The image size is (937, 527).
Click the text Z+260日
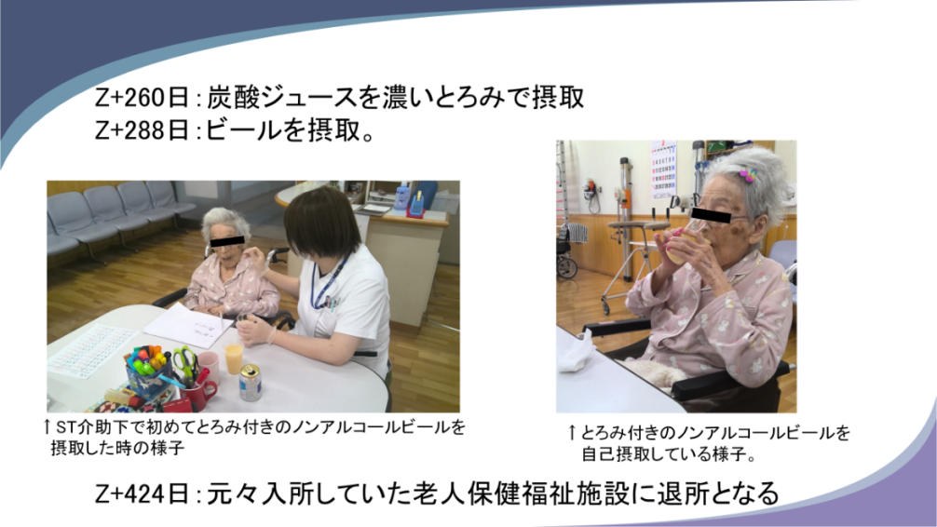(142, 98)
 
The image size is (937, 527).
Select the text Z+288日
(142, 129)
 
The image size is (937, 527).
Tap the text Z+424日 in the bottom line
(142, 493)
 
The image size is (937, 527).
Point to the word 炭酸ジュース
(282, 98)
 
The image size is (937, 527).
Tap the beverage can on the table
(250, 383)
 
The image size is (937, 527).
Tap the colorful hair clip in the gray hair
(747, 174)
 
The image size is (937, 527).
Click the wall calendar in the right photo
(663, 169)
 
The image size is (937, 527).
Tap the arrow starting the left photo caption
(47, 427)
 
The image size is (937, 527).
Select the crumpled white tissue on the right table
(575, 351)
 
